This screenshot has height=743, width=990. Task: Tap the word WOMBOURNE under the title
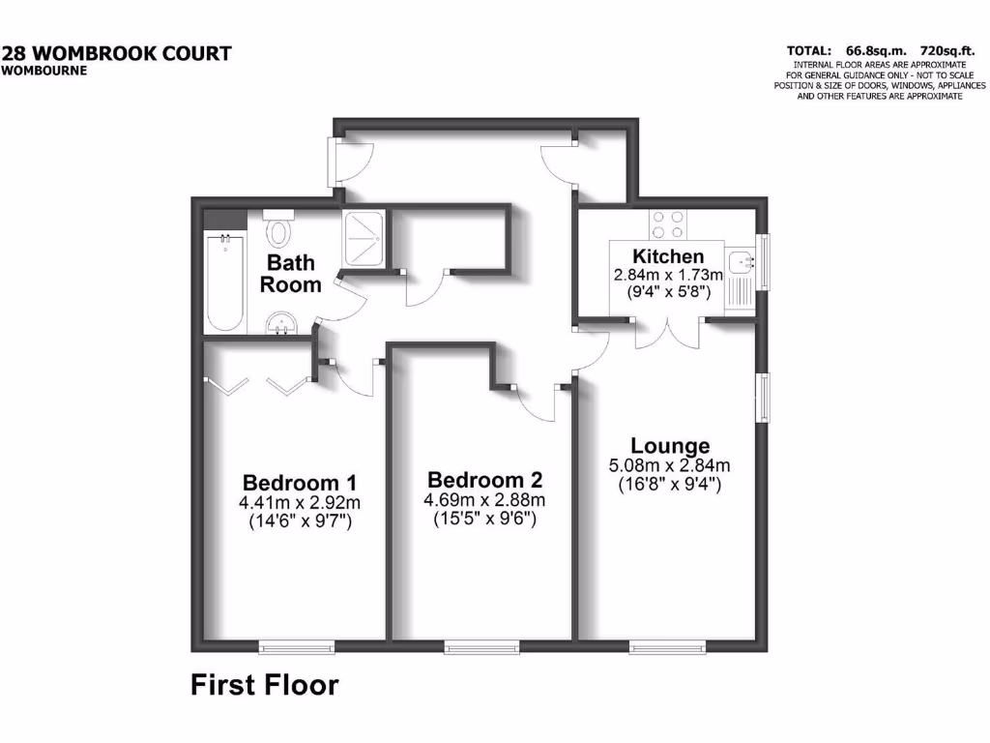point(44,70)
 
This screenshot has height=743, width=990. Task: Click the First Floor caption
point(264,686)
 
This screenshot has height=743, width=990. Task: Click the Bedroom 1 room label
point(300,482)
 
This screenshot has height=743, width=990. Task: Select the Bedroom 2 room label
point(484,480)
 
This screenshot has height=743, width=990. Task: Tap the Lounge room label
point(670,446)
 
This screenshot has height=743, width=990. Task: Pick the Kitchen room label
point(668,256)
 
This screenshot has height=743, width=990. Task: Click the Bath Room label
point(294,274)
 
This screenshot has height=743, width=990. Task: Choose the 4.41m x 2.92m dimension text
point(300,502)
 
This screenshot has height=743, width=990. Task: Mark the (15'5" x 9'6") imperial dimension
point(484,520)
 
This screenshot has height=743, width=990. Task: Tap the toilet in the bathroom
point(279,229)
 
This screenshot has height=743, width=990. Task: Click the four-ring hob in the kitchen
point(668,224)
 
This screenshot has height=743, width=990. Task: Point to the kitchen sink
point(742,259)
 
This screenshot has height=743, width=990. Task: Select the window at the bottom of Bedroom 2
point(480,645)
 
